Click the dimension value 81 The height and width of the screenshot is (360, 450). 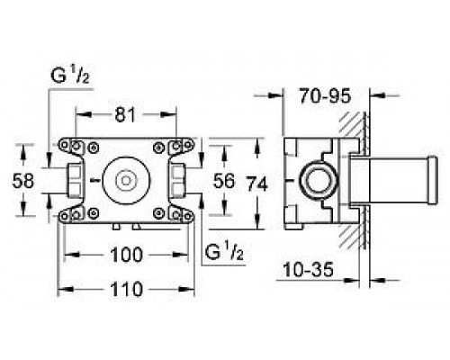click(x=126, y=115)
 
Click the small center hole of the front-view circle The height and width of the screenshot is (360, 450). click(x=126, y=180)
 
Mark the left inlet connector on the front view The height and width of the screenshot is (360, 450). click(x=72, y=180)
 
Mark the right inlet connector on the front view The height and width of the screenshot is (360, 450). click(x=179, y=180)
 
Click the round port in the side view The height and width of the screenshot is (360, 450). click(x=318, y=180)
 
